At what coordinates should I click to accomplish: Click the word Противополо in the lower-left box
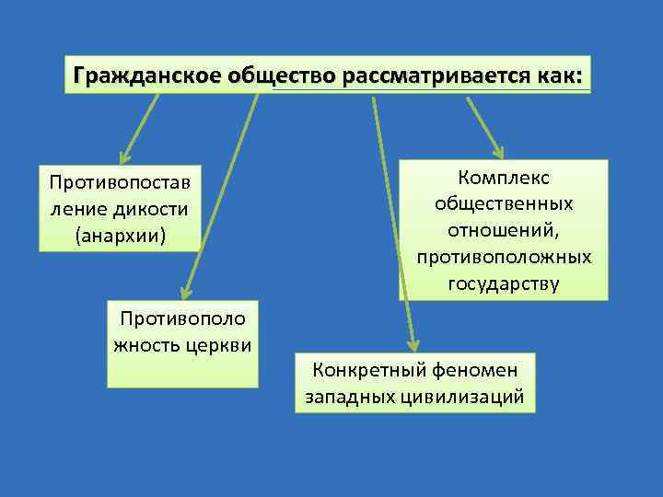pos(182,320)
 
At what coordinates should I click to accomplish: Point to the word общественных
pos(503,202)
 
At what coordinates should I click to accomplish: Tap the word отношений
pos(503,228)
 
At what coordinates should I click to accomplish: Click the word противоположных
pos(503,255)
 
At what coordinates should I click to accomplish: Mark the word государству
pos(503,282)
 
